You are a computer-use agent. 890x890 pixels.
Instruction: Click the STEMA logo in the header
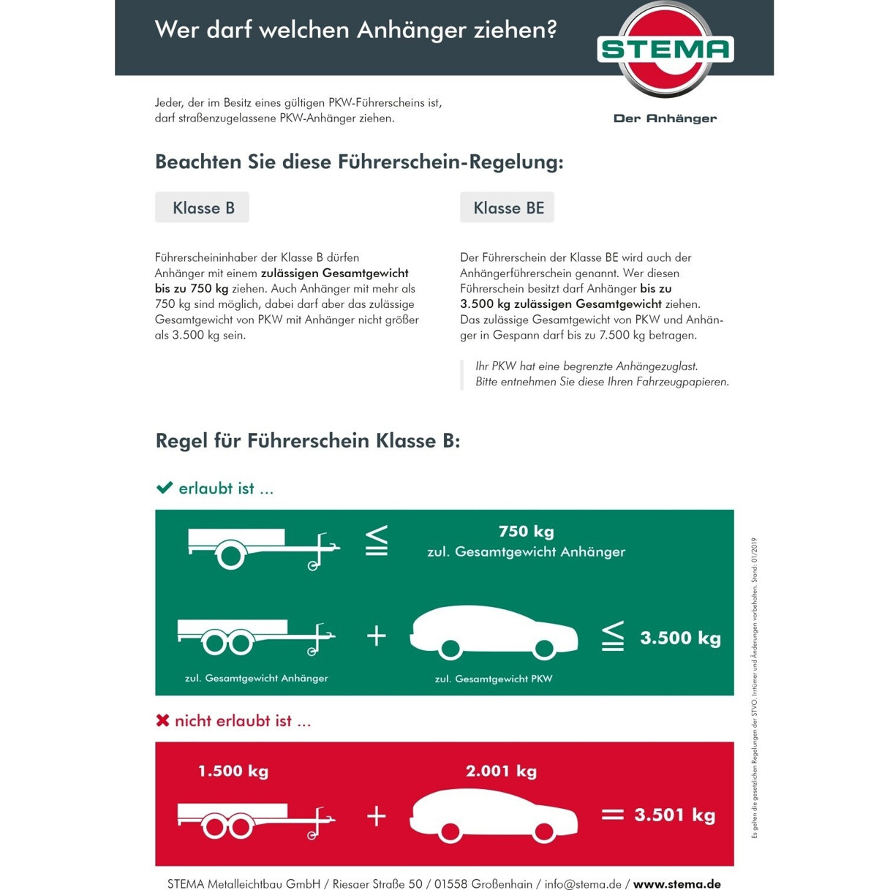pos(665,49)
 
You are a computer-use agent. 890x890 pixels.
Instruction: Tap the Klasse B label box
pos(202,208)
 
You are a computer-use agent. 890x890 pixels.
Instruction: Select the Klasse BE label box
pos(508,208)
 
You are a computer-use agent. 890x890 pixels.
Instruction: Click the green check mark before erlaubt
pos(165,488)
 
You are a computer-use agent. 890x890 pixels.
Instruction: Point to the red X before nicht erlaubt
pos(162,720)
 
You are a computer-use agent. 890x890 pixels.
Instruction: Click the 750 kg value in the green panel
pos(526,532)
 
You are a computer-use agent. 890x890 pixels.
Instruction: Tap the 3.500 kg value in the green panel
pos(680,638)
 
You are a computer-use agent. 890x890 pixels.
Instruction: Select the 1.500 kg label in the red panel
pos(233,771)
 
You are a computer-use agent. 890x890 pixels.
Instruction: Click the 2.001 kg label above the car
pos(501,771)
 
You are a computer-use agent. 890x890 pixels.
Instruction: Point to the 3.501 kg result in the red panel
pos(674,815)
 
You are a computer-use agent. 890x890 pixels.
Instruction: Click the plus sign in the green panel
pos(376,636)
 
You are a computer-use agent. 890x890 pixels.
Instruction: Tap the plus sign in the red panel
pos(376,815)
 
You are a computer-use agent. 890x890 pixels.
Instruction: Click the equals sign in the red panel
pos(612,815)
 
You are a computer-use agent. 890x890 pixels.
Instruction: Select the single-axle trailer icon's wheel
pos(230,555)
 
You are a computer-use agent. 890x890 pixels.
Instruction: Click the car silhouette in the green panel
pos(494,631)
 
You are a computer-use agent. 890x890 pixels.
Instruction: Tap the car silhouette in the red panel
pos(494,814)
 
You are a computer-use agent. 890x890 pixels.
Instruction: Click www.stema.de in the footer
pos(676,884)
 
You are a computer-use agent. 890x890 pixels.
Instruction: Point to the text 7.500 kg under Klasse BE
pos(622,336)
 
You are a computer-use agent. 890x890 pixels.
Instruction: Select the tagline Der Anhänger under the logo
pos(665,118)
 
